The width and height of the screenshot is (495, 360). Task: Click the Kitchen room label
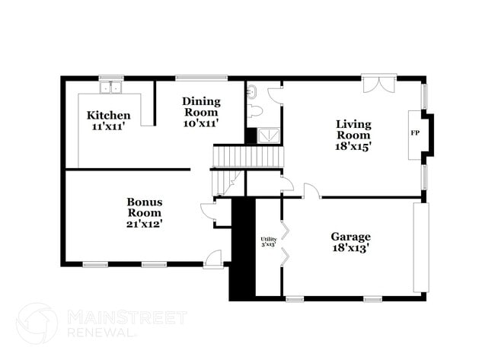tap(108, 115)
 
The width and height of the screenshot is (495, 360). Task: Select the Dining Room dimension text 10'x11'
tap(201, 123)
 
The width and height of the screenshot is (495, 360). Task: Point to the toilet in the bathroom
tap(255, 111)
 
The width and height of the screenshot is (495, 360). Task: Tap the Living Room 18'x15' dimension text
tap(353, 146)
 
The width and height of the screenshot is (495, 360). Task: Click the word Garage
tap(351, 236)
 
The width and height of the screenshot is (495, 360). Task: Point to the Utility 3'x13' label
tap(267, 242)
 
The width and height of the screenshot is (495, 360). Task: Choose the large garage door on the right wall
tap(420, 247)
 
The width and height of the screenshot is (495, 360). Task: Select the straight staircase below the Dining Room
tap(247, 157)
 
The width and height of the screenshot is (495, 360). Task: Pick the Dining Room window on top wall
tap(201, 78)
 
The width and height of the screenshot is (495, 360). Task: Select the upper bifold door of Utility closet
tap(284, 230)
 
